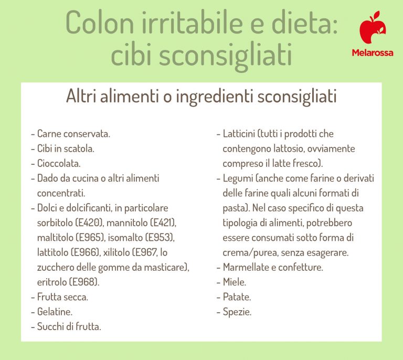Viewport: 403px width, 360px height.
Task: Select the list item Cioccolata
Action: (59, 163)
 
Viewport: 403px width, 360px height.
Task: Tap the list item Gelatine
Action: (55, 312)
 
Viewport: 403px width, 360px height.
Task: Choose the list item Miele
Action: (234, 282)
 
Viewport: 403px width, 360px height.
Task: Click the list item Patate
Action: (237, 297)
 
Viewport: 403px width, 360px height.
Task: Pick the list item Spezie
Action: (237, 312)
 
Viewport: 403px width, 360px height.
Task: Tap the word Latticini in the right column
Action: (240, 134)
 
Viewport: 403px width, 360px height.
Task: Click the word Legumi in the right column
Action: (238, 178)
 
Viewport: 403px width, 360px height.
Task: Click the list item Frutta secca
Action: (62, 297)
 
